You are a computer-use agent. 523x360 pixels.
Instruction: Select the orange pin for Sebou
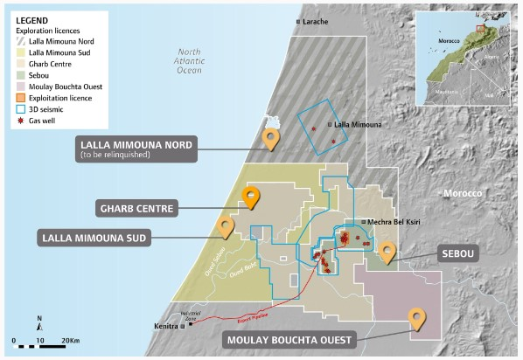coord(386,251)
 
